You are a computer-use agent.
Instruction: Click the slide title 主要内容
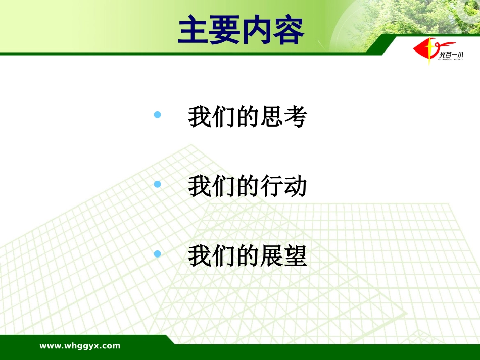(241, 30)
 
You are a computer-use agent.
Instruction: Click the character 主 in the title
(194, 30)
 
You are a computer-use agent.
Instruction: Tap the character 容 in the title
(289, 30)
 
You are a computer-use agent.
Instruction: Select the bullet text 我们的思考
(248, 117)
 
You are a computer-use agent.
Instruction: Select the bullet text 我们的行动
(248, 186)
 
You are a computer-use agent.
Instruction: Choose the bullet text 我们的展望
(248, 255)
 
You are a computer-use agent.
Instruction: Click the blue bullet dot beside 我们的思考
(157, 115)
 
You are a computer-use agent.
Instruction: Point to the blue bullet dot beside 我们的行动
(157, 184)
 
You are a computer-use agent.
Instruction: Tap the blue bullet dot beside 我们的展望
(157, 253)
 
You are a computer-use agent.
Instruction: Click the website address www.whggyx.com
(80, 346)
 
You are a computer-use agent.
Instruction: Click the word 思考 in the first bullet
(283, 117)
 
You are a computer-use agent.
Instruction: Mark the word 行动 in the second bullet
(283, 186)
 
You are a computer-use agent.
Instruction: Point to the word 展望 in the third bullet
(283, 255)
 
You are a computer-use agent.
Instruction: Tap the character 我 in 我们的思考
(200, 117)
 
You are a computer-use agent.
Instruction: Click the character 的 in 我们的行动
(248, 186)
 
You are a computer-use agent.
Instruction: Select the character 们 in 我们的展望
(224, 255)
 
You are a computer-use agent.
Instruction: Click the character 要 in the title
(225, 30)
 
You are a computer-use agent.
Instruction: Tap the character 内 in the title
(257, 30)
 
